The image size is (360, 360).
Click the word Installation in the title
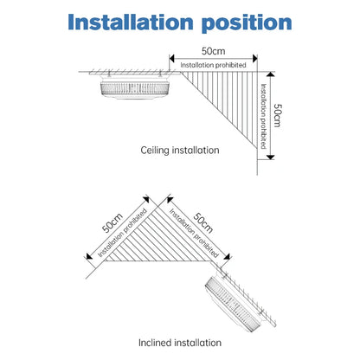coord(131,22)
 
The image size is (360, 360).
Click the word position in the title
coord(247,23)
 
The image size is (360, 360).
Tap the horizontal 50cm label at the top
coord(213,51)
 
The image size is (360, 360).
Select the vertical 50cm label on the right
coord(277,115)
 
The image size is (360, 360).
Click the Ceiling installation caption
coord(180,150)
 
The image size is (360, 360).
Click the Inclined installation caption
coord(180,343)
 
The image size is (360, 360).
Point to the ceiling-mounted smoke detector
coord(135,87)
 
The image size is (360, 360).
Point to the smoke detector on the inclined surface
coord(235,303)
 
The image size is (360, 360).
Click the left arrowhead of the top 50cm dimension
coord(172,59)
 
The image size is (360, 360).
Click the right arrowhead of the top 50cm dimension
coord(254,59)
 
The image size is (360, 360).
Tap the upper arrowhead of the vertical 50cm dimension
coord(270,74)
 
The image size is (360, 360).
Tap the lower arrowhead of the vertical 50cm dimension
coord(270,157)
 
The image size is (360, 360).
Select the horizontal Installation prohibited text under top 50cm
coord(213,65)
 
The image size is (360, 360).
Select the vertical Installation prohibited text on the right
coord(263,116)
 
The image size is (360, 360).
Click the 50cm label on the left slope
coord(112,222)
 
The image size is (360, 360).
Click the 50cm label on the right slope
coord(203,222)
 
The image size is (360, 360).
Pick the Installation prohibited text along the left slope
coord(123,233)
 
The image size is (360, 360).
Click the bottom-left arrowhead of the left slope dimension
coord(89,256)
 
